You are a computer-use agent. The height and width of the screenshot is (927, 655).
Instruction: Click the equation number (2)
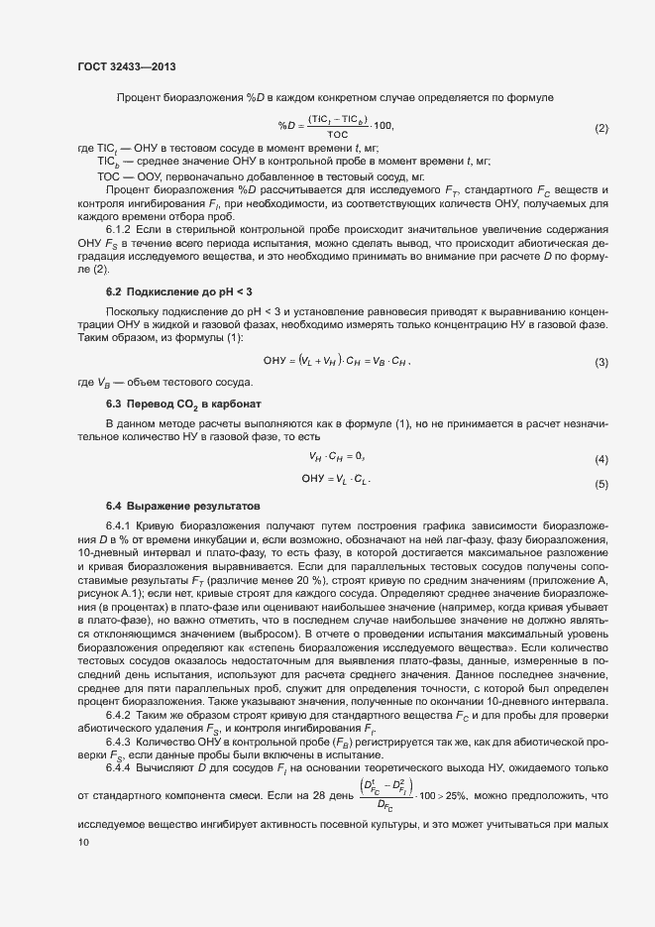coord(601,129)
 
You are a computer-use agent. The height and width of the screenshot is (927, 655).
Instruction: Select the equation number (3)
coord(601,363)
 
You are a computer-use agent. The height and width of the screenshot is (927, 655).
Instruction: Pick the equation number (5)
coord(601,485)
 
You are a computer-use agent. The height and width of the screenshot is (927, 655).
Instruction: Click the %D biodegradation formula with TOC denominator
coord(336,125)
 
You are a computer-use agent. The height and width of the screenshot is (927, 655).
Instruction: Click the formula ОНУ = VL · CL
coord(337,480)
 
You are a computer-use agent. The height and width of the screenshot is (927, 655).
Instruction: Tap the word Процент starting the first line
coord(139,97)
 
